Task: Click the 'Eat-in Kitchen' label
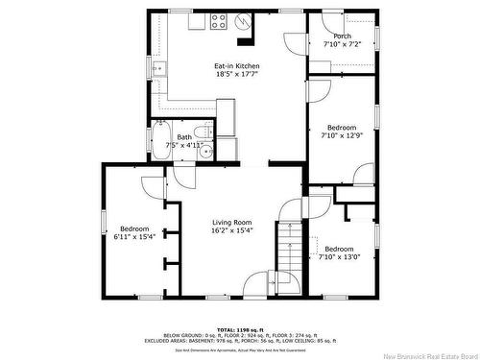click(236, 65)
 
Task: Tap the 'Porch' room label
click(329, 36)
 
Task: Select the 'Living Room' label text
click(231, 223)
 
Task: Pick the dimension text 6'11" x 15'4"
click(134, 235)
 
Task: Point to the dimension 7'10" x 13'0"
click(340, 256)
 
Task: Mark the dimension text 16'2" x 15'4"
click(231, 230)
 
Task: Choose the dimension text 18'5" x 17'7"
click(236, 73)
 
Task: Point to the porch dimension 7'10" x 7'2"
click(329, 44)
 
